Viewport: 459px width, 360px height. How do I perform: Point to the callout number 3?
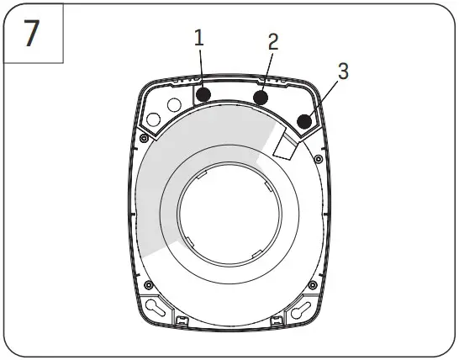pyautogui.click(x=342, y=71)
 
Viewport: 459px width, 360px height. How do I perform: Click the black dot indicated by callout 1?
pyautogui.click(x=203, y=93)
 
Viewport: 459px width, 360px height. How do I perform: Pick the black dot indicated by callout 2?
pyautogui.click(x=261, y=98)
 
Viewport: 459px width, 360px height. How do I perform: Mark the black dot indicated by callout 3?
pyautogui.click(x=304, y=121)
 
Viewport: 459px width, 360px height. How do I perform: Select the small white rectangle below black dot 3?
pyautogui.click(x=285, y=146)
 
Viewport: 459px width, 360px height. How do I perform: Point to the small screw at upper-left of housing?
pyautogui.click(x=146, y=138)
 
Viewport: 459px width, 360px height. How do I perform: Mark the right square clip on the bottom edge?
pyautogui.click(x=277, y=320)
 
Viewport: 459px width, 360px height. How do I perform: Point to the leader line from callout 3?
pyautogui.click(x=323, y=97)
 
